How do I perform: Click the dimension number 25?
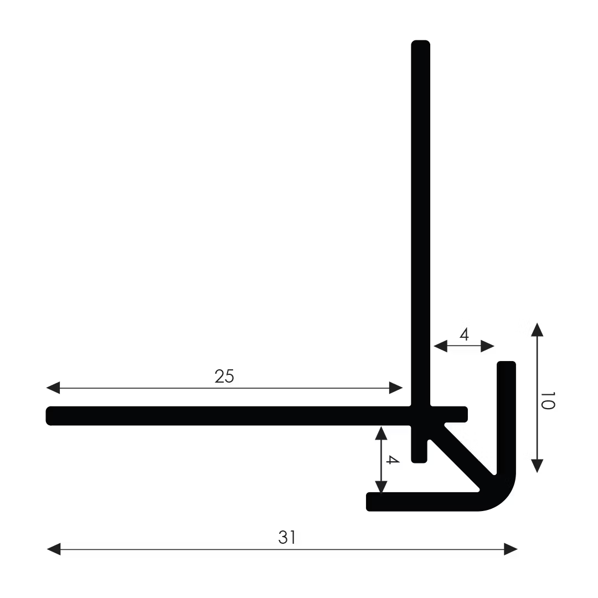coord(224,377)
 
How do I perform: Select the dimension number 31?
coord(287,537)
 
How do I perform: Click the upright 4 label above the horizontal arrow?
coord(464,334)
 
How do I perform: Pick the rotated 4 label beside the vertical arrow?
coord(392,460)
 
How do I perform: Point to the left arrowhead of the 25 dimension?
coord(53,388)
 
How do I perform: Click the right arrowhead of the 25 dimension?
coord(396,388)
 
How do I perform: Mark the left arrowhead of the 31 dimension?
coord(54,549)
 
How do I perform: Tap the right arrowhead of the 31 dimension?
coord(510,549)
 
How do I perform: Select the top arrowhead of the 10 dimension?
coord(537,329)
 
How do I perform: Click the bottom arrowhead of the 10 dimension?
coord(537,465)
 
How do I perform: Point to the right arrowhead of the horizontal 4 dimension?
coord(487,346)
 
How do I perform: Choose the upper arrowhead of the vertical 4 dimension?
coord(381,433)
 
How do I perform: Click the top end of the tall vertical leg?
coord(421,44)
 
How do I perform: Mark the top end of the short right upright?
coord(506,365)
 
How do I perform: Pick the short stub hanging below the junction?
coord(419,451)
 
